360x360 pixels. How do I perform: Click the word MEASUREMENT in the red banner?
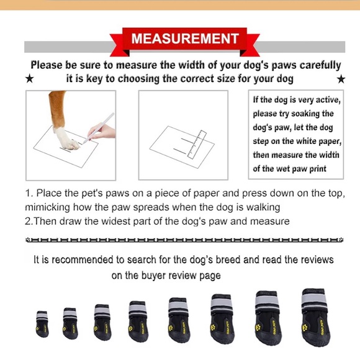click(185, 38)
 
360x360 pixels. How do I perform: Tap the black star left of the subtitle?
click(29, 79)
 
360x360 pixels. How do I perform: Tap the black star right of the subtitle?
click(341, 79)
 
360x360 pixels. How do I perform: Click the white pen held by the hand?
click(98, 128)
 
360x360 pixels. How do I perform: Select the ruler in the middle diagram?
click(197, 145)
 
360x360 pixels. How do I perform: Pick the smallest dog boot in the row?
click(42, 324)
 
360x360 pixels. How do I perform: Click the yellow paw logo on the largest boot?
click(305, 326)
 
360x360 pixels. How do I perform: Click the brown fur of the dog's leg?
click(57, 109)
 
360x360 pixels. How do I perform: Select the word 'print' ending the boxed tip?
click(318, 169)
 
